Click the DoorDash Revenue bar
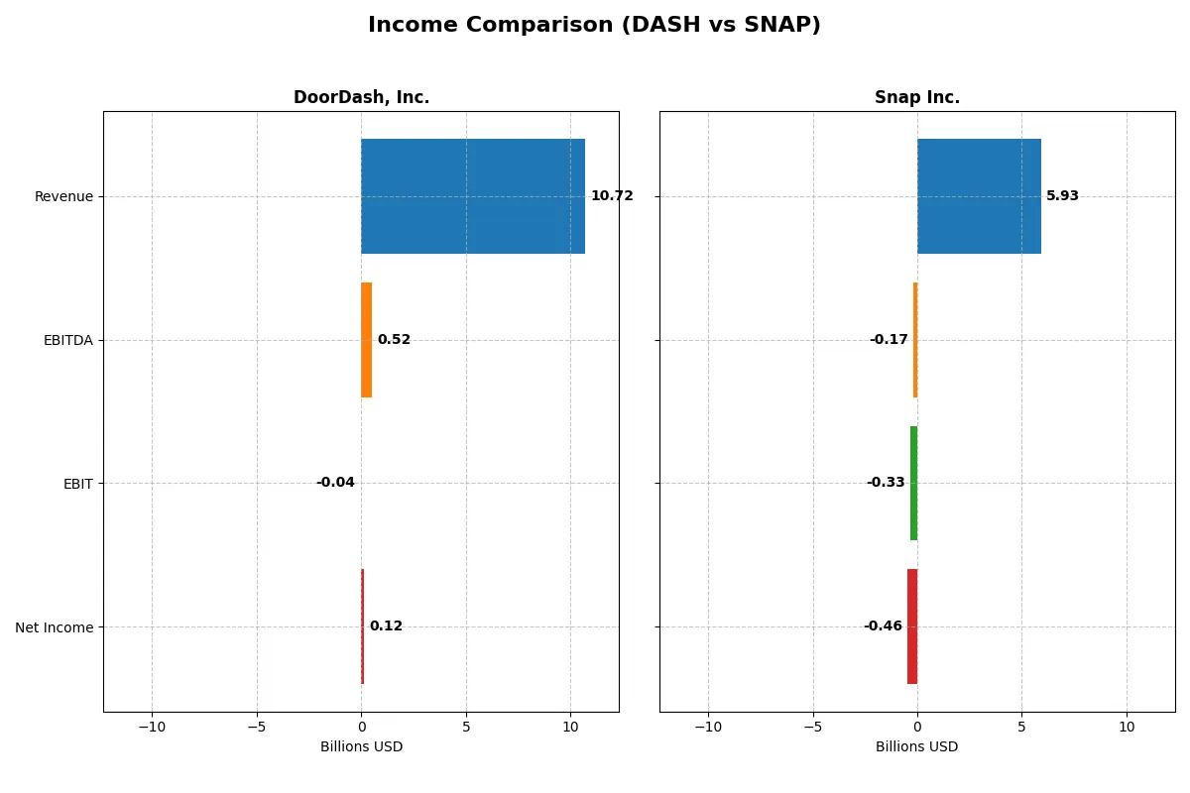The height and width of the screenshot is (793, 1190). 473,196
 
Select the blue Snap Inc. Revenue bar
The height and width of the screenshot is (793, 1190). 979,196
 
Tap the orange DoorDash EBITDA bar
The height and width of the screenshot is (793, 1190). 366,340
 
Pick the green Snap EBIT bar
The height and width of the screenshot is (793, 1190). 913,483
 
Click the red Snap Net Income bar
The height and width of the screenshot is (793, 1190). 912,626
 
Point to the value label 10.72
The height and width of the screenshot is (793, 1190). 611,196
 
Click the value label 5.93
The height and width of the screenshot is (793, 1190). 1062,196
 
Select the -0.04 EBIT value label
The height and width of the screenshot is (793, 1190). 335,483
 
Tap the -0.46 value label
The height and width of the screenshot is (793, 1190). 883,626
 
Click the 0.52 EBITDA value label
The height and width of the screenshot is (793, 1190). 394,340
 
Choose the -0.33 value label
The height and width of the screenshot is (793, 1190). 886,483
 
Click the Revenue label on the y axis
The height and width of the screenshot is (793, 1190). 63,196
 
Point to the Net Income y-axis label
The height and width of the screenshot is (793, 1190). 55,627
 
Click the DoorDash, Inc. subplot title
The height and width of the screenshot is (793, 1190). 361,98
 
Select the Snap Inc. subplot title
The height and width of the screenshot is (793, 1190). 916,98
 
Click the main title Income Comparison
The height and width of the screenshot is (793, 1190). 594,26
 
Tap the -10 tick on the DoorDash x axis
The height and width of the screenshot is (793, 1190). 152,727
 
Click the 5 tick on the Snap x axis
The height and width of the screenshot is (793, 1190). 1021,727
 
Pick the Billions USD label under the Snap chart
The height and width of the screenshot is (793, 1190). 916,746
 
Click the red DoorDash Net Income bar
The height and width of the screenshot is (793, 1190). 362,626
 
